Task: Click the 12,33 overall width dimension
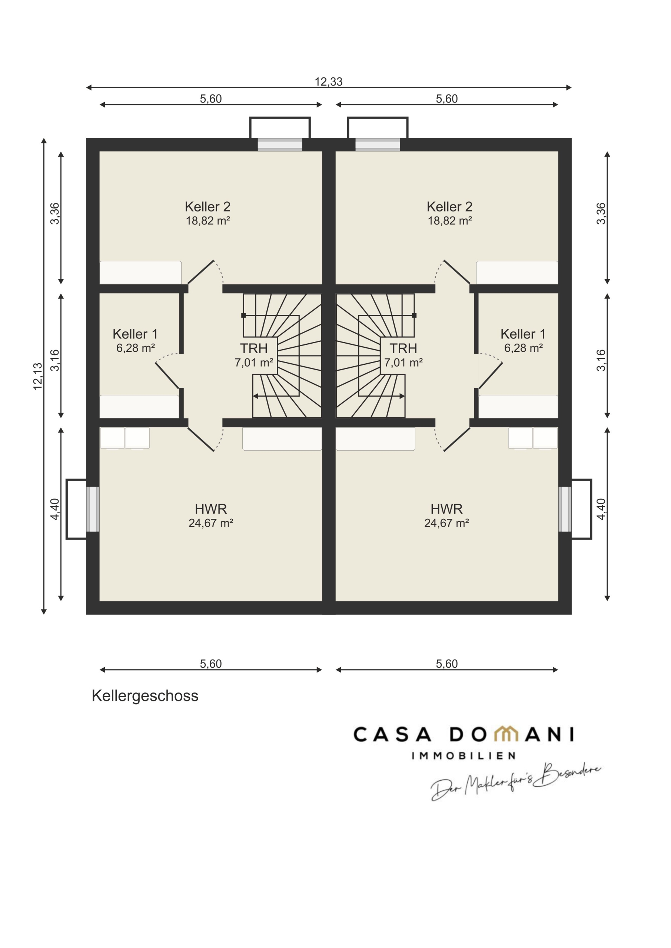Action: pyautogui.click(x=329, y=82)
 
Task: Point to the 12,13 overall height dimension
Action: pyautogui.click(x=37, y=376)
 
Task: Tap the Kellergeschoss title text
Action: pyautogui.click(x=145, y=696)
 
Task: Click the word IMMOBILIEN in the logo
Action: pyautogui.click(x=464, y=755)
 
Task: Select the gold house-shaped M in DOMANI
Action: pyautogui.click(x=506, y=734)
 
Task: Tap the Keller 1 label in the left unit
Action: pyautogui.click(x=135, y=334)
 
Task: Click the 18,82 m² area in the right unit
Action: pyautogui.click(x=449, y=221)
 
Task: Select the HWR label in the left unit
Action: pyautogui.click(x=211, y=509)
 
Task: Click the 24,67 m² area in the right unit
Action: pyautogui.click(x=446, y=523)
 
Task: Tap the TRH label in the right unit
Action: pyautogui.click(x=403, y=348)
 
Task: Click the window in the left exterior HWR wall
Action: pyautogui.click(x=93, y=509)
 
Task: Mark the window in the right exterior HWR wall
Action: pyautogui.click(x=565, y=509)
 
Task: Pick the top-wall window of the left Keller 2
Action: pyautogui.click(x=280, y=144)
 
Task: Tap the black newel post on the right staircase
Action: pyautogui.click(x=414, y=316)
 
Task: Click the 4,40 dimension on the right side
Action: pyautogui.click(x=601, y=509)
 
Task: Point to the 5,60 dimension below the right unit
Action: pyautogui.click(x=446, y=664)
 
